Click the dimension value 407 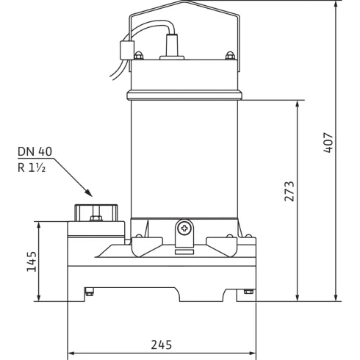tap(328, 143)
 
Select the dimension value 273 tap(289, 191)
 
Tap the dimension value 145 tap(32, 262)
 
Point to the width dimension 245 tap(162, 345)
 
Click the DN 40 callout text tap(35, 151)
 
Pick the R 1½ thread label tap(32, 168)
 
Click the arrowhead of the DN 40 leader tap(89, 193)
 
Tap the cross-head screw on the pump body tap(184, 228)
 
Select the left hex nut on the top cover tap(139, 56)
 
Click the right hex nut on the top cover tap(230, 56)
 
